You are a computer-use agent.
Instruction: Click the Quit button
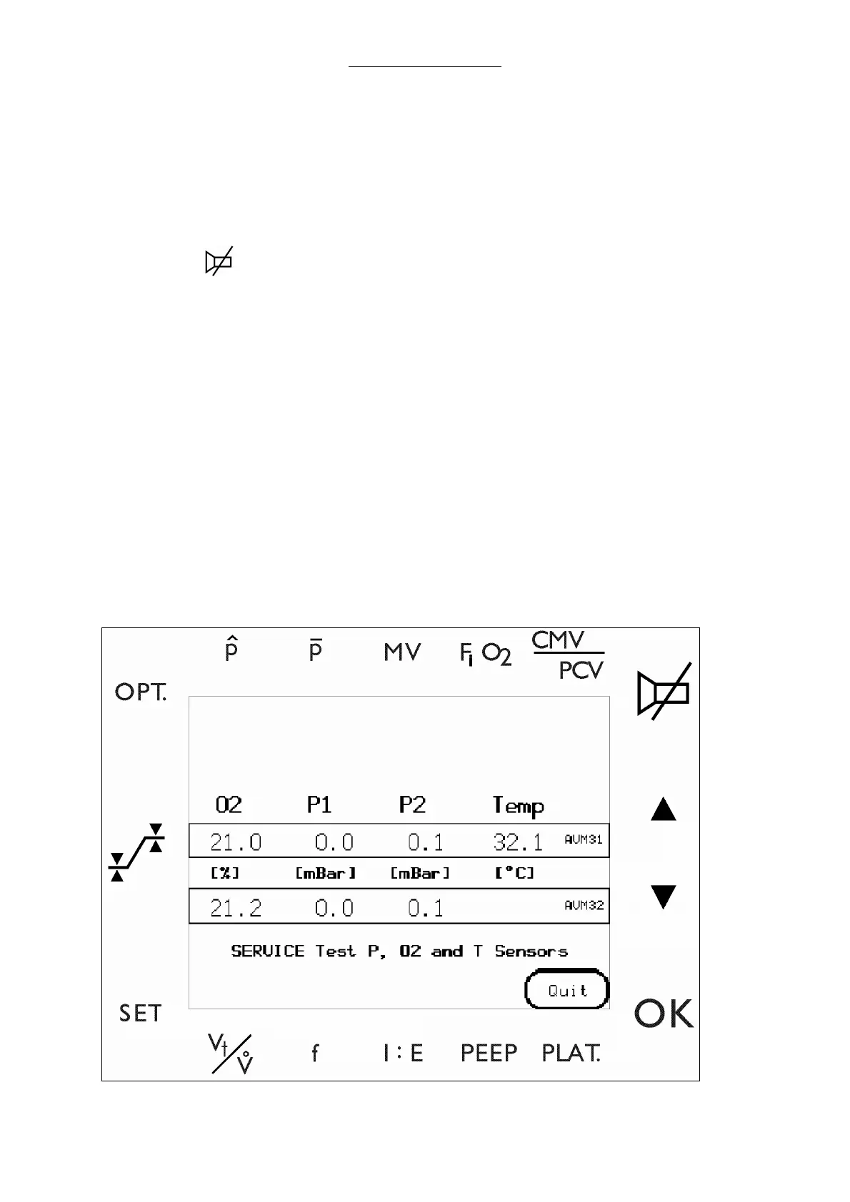pos(567,990)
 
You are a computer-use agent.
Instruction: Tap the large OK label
pos(664,1014)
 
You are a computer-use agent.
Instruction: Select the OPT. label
pos(141,692)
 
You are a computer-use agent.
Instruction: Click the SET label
pos(140,1014)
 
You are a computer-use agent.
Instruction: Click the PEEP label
pos(489,1053)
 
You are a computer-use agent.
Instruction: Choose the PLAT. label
pos(571,1053)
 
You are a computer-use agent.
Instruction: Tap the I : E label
pos(403,1053)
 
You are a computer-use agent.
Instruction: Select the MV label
pos(402,652)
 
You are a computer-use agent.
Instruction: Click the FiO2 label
pos(485,654)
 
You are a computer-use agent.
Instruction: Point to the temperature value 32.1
pos(518,842)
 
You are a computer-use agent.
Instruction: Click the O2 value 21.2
pos(236,908)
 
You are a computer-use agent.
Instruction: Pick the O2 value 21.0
pos(236,842)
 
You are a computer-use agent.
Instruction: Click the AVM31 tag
pos(584,839)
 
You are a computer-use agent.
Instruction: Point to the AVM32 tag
pos(584,905)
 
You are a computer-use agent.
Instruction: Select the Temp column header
pos(519,806)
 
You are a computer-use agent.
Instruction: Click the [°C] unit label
pos(514,873)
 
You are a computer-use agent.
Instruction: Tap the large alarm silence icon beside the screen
pos(664,690)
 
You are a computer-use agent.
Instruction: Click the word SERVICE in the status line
pos(268,951)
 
